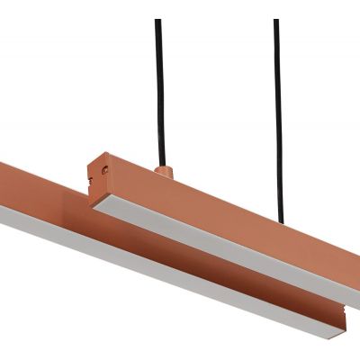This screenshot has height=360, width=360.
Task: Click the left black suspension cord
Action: pos(159,90)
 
